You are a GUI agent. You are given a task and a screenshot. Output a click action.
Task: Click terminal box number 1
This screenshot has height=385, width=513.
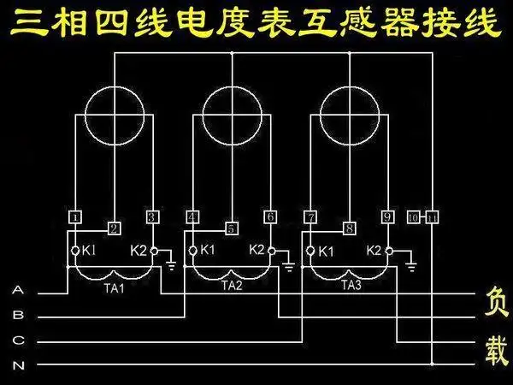75,216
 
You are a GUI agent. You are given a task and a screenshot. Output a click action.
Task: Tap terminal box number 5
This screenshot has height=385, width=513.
231,228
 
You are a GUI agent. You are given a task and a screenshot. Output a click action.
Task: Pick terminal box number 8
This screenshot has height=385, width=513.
349,228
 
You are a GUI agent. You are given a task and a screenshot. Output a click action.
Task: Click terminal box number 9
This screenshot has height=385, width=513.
387,216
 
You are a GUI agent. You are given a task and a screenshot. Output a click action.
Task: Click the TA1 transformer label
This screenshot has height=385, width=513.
115,286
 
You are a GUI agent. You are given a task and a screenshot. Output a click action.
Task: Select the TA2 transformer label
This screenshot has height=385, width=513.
232,286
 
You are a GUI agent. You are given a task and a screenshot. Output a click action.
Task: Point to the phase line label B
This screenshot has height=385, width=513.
18,316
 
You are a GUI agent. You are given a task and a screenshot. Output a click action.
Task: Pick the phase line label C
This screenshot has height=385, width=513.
18,341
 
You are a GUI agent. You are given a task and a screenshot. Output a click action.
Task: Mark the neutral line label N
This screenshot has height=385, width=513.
18,365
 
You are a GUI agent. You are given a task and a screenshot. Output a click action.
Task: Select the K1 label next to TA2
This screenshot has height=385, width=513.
206,251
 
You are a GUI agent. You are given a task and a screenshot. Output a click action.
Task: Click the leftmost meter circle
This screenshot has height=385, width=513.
115,114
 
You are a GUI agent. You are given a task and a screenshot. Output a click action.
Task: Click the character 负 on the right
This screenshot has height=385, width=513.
497,301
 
